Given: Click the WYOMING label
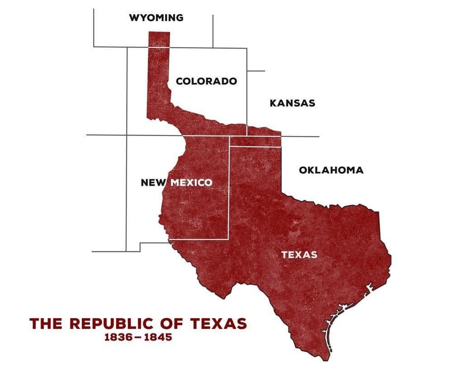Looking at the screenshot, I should pyautogui.click(x=156, y=18).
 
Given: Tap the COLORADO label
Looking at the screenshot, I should pyautogui.click(x=206, y=81).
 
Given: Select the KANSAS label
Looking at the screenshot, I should pyautogui.click(x=292, y=103).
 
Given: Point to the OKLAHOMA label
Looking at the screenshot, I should pyautogui.click(x=331, y=170).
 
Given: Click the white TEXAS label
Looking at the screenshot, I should pyautogui.click(x=299, y=255).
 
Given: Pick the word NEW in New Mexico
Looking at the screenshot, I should pyautogui.click(x=154, y=183).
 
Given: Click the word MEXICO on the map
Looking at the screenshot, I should pyautogui.click(x=192, y=183).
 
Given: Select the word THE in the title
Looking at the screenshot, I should pyautogui.click(x=47, y=323).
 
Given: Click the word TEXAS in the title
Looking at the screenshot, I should pyautogui.click(x=219, y=323).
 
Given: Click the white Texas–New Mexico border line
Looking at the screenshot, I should pyautogui.click(x=229, y=190).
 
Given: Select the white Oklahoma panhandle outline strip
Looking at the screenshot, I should pyautogui.click(x=255, y=141).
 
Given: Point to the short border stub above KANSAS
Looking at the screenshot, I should pyautogui.click(x=256, y=71).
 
